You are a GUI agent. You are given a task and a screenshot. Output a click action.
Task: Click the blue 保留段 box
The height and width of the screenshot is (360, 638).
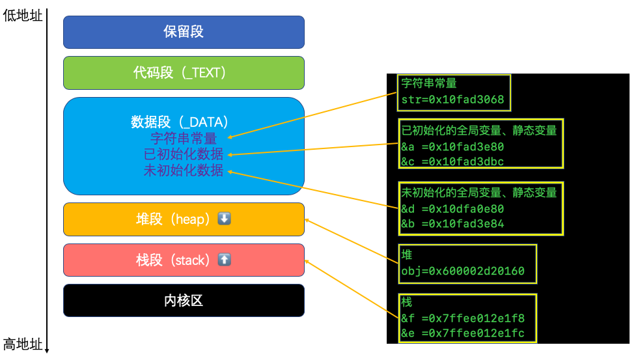184,32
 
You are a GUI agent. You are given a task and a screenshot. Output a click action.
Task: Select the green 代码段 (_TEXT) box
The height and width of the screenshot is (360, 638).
184,73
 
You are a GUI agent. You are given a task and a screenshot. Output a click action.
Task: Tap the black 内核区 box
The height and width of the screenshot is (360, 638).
184,301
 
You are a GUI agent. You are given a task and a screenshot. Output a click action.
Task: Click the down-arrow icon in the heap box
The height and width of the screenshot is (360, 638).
224,219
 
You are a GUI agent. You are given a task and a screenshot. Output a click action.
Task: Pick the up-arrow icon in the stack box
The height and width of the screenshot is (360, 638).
224,260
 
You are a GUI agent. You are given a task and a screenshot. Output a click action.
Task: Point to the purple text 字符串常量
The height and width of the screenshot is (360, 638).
184,138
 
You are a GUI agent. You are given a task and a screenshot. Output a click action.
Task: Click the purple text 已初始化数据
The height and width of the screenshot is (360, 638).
184,154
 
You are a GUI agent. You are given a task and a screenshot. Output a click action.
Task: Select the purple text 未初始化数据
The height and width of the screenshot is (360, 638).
184,171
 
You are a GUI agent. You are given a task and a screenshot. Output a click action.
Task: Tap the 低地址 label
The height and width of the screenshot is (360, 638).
22,16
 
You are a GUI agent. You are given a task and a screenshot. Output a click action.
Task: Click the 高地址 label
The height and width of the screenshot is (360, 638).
22,344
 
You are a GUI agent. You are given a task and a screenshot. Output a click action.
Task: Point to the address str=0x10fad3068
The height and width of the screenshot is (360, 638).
452,100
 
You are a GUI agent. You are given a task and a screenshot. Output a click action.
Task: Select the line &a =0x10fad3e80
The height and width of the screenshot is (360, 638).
452,147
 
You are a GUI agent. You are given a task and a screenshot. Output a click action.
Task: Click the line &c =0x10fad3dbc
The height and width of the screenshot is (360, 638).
452,161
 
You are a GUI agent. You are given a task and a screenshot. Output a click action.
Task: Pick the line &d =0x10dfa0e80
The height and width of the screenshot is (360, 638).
452,209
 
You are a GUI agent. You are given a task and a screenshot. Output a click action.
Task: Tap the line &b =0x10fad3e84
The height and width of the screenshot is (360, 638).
452,224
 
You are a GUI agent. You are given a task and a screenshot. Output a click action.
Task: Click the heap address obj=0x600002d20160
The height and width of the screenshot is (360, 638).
463,271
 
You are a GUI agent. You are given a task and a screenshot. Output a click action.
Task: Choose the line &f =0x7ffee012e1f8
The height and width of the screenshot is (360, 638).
463,318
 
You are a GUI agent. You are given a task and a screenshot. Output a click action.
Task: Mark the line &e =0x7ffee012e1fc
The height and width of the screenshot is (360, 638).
463,333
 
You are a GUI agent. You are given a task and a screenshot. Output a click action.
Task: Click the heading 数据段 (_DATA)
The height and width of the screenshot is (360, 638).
180,122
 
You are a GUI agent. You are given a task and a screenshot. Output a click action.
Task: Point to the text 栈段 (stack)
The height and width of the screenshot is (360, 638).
173,260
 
